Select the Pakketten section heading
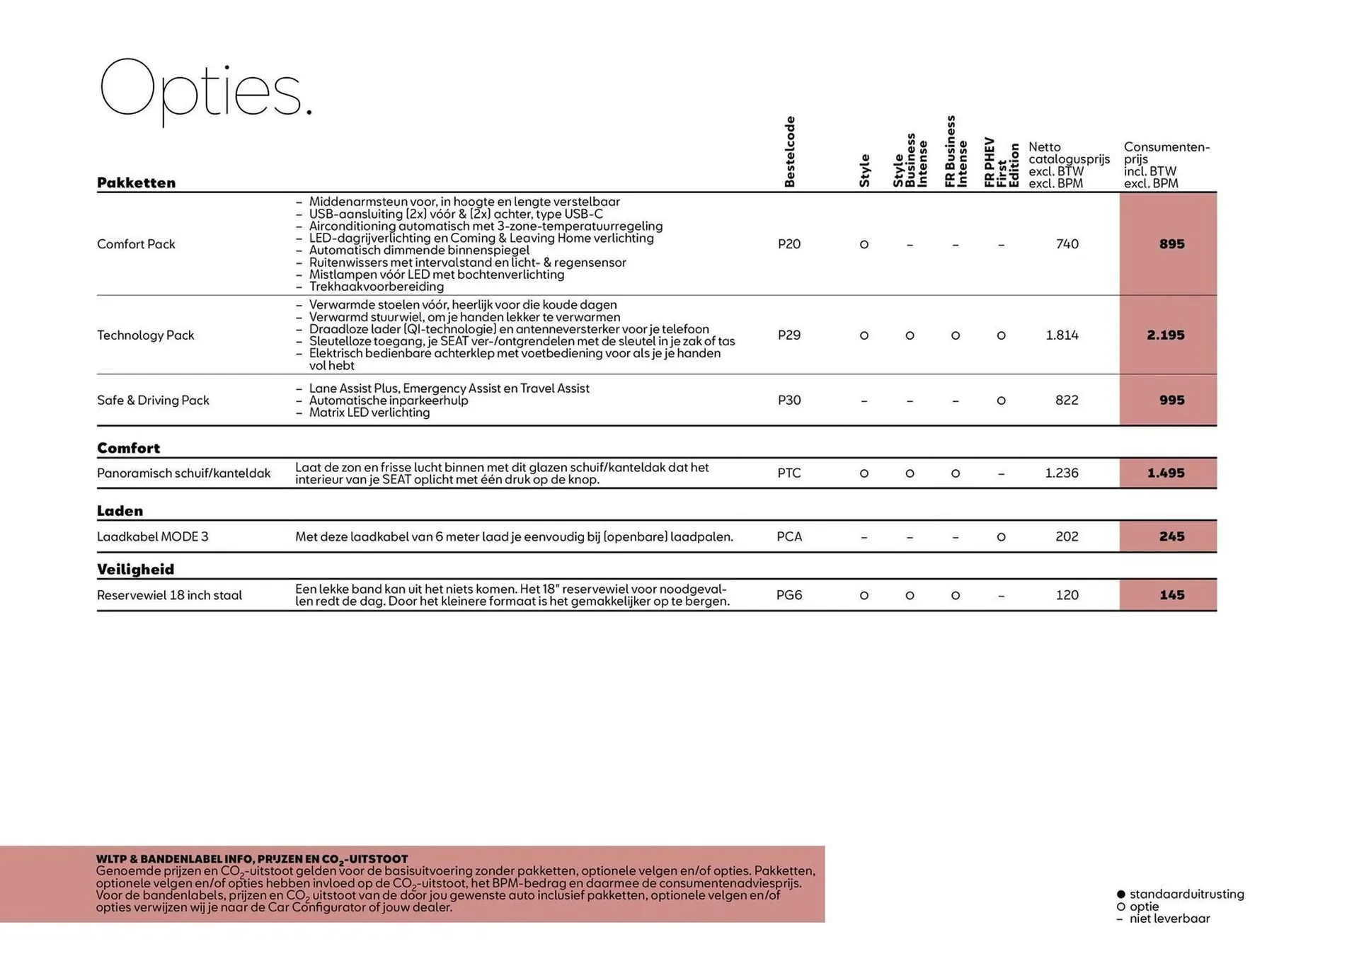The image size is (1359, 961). [x=136, y=183]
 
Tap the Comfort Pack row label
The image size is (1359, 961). [x=136, y=244]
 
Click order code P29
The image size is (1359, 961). [x=789, y=335]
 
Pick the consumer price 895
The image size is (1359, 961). [x=1171, y=244]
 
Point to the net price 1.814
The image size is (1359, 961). [x=1062, y=335]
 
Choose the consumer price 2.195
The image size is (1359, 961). [x=1165, y=335]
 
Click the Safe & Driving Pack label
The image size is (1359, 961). [x=153, y=401]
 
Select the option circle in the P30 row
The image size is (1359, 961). [x=1001, y=401]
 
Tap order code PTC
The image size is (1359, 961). [x=789, y=473]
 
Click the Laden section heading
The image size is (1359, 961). [x=120, y=511]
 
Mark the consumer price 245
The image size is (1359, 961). [x=1171, y=536]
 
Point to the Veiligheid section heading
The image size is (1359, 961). [x=135, y=569]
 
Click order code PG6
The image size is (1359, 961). [x=789, y=595]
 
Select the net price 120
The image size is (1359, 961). [x=1067, y=595]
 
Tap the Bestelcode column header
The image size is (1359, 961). [x=790, y=152]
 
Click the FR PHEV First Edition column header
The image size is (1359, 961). [x=1001, y=163]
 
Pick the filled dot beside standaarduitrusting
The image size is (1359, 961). [x=1120, y=894]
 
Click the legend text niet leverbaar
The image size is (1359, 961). [x=1169, y=919]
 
